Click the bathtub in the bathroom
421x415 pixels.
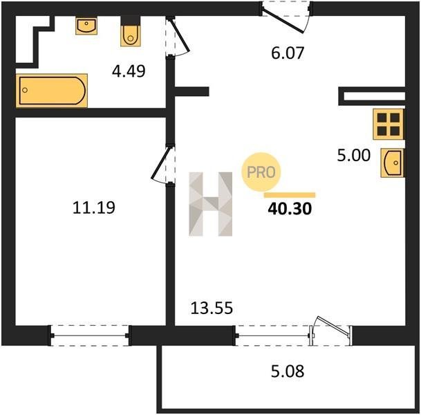pyautogui.click(x=52, y=91)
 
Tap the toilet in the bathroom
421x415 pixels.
pyautogui.click(x=131, y=31)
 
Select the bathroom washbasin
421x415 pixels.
pyautogui.click(x=86, y=26)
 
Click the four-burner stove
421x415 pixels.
pyautogui.click(x=389, y=124)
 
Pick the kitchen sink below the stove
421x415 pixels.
pyautogui.click(x=392, y=163)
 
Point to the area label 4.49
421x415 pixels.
pyautogui.click(x=129, y=71)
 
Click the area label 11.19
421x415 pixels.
pyautogui.click(x=94, y=207)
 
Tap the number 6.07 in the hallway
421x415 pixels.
pyautogui.click(x=288, y=53)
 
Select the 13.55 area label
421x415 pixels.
pyautogui.click(x=212, y=308)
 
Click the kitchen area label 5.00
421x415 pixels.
pyautogui.click(x=354, y=155)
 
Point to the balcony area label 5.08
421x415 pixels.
pyautogui.click(x=288, y=371)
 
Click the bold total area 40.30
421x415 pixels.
pyautogui.click(x=290, y=209)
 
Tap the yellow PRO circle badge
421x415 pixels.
pyautogui.click(x=261, y=172)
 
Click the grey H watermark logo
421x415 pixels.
pyautogui.click(x=210, y=204)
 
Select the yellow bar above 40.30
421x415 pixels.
pyautogui.click(x=290, y=195)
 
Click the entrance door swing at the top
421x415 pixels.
pyautogui.click(x=283, y=21)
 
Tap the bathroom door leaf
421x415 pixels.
pyautogui.click(x=180, y=35)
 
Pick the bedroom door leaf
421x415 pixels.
pyautogui.click(x=160, y=163)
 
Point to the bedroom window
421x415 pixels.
pyautogui.click(x=90, y=335)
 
